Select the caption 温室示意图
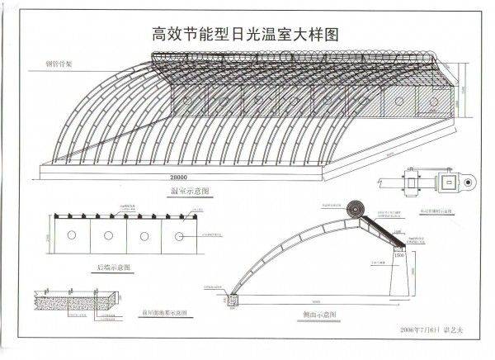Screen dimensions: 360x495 [x=184, y=191]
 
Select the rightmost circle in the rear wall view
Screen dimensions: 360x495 [x=179, y=236]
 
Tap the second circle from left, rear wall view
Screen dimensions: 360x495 [x=108, y=236]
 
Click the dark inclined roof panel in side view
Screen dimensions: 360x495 [x=382, y=227]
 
